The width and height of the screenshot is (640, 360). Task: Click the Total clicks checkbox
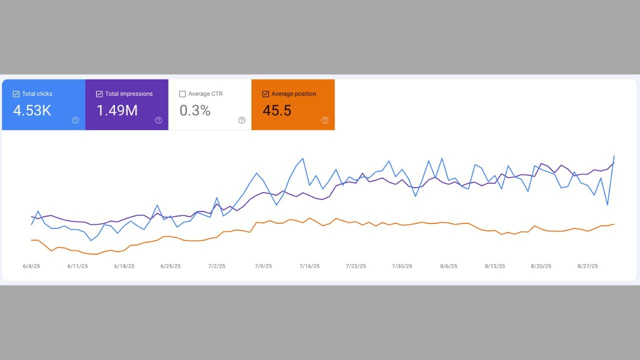click(x=16, y=94)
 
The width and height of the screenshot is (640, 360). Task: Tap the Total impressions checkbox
click(x=99, y=94)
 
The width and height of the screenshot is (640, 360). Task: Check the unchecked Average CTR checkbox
click(x=182, y=94)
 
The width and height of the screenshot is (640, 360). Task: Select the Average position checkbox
click(x=265, y=94)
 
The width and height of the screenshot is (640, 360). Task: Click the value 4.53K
click(x=32, y=110)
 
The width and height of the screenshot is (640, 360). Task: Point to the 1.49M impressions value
click(x=116, y=110)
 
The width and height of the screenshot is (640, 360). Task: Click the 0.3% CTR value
click(x=195, y=110)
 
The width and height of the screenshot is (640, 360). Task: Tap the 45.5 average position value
click(x=277, y=110)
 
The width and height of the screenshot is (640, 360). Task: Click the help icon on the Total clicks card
click(x=75, y=120)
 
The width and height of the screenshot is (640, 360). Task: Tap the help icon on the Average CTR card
click(x=241, y=120)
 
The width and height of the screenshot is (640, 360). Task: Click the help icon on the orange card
click(x=324, y=120)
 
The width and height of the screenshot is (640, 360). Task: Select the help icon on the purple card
click(x=158, y=120)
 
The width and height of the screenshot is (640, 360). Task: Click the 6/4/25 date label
click(x=31, y=266)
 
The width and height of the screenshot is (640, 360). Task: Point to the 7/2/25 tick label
click(x=216, y=266)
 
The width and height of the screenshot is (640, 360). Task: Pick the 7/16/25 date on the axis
click(x=309, y=266)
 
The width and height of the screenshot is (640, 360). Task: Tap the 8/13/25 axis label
click(x=494, y=266)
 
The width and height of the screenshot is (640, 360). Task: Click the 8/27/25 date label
click(x=587, y=266)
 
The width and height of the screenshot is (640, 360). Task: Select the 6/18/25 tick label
click(x=124, y=266)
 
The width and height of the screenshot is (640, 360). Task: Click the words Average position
click(x=293, y=94)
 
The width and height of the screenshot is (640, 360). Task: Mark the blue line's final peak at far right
click(x=614, y=156)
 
